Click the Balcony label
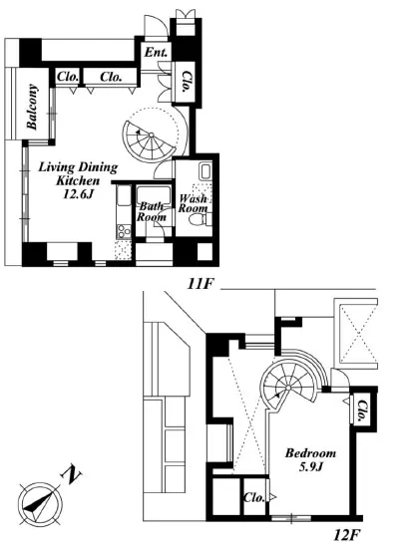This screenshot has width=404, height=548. [32, 107]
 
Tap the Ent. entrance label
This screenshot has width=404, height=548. [156, 53]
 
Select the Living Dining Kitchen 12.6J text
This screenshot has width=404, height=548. [78, 180]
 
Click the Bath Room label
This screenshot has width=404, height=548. [151, 212]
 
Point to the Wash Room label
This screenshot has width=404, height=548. [194, 203]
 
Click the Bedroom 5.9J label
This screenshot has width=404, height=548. [310, 459]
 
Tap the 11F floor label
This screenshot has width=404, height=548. [201, 284]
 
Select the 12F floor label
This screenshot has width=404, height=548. [346, 535]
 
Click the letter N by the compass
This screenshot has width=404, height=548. [72, 474]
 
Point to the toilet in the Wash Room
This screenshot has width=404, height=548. [198, 219]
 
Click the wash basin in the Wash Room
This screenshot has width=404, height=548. [205, 171]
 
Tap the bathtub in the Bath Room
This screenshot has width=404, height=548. [154, 195]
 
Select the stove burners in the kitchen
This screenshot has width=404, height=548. [124, 231]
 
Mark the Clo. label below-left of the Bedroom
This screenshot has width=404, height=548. [254, 497]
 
